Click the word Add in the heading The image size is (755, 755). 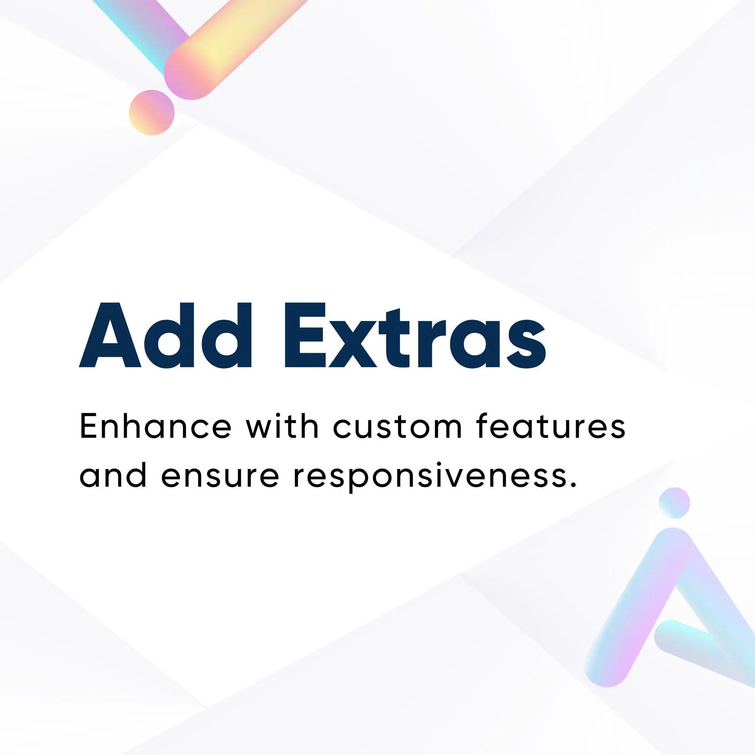click(165, 335)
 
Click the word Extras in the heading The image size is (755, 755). click(415, 335)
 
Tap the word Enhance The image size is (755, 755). click(156, 427)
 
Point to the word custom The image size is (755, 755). click(398, 427)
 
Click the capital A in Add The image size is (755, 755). click(110, 335)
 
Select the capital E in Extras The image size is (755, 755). click(305, 335)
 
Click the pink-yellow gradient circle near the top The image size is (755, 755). click(152, 112)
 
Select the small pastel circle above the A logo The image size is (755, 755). click(674, 503)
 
